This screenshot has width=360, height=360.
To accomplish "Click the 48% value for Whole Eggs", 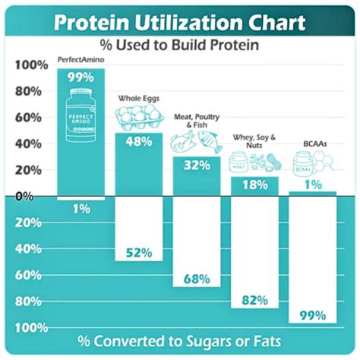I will click(139, 142).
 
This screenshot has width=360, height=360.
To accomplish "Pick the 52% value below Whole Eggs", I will click(139, 252).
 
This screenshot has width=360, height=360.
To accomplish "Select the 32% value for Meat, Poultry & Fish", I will click(197, 166).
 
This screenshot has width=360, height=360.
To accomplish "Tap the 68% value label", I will click(197, 279).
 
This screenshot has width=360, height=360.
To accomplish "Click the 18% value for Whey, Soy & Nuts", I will click(255, 185).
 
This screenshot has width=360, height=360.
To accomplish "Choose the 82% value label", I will click(255, 299).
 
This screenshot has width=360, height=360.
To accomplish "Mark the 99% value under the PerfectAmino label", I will click(81, 77).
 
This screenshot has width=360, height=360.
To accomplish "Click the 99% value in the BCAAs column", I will click(312, 314).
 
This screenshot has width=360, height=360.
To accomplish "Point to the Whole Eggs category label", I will click(139, 98).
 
